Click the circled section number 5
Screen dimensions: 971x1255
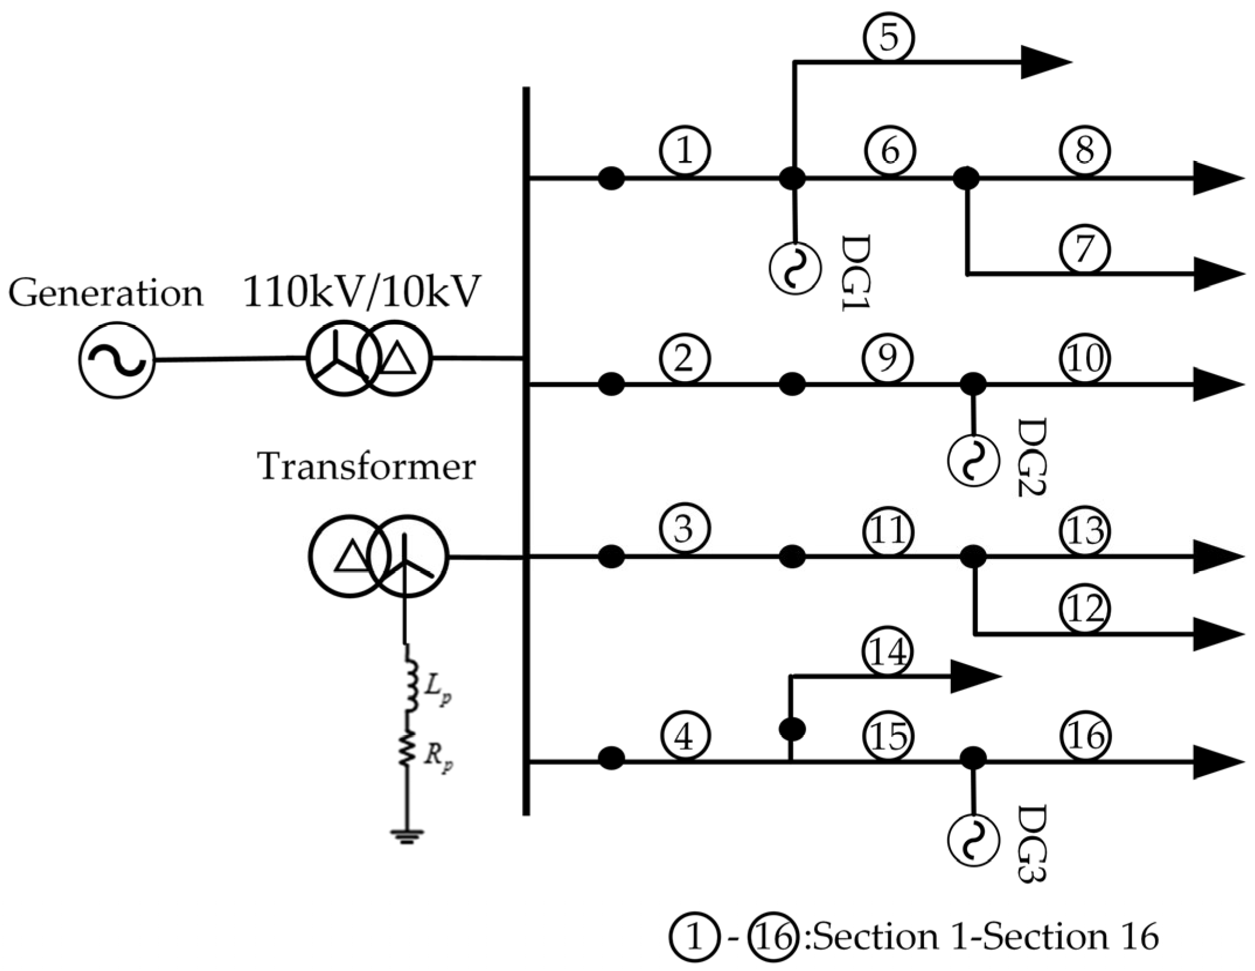(x=888, y=38)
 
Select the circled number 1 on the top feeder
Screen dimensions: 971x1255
(x=685, y=151)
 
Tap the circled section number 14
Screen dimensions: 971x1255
(x=888, y=652)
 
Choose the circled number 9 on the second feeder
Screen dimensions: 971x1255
(x=887, y=358)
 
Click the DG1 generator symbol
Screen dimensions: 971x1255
(x=794, y=268)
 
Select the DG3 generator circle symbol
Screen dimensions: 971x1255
(x=973, y=840)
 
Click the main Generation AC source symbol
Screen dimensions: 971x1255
(x=117, y=360)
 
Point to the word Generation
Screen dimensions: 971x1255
(x=106, y=294)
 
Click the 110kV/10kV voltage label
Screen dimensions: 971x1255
(x=361, y=292)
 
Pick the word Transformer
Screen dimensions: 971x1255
(x=367, y=467)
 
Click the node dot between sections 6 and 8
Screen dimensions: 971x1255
(x=967, y=177)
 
